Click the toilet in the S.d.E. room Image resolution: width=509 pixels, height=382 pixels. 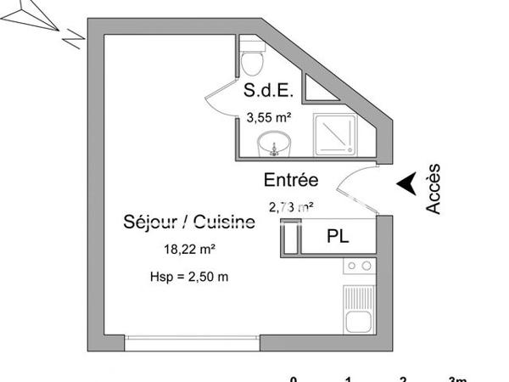point(251,60)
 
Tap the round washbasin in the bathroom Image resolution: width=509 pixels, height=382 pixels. point(273,143)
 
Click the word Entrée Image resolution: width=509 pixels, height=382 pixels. point(290,180)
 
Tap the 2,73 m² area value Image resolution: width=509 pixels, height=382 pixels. point(292,205)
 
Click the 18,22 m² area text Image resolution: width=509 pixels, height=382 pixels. point(189,250)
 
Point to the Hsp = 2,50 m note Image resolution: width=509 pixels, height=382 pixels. point(189,276)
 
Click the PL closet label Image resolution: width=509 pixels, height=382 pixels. point(338,238)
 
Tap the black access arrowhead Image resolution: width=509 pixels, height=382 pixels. point(407,182)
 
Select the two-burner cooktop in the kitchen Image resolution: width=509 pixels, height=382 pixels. point(358,267)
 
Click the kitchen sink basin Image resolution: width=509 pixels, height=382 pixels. point(357,321)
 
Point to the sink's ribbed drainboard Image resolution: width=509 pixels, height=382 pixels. point(357,297)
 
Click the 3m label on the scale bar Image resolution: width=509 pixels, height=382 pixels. point(457,378)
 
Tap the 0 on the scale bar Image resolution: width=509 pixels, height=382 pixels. point(294,378)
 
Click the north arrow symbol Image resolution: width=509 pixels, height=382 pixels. point(38,20)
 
